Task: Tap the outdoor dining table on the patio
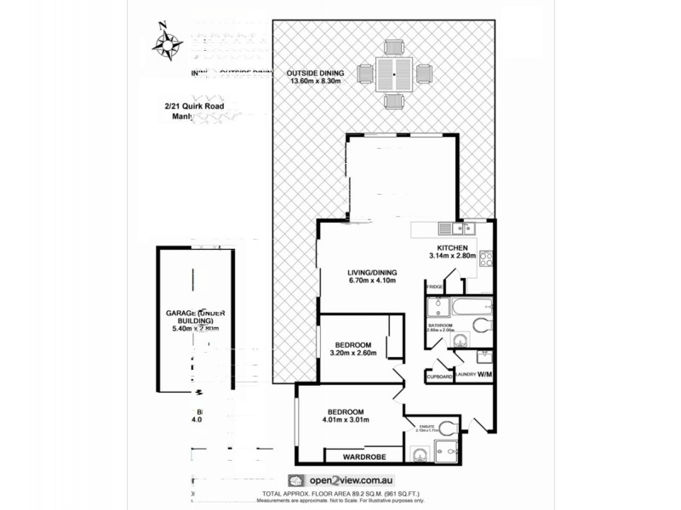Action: (394, 73)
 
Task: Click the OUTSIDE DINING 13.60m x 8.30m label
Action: (315, 76)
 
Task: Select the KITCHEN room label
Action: (450, 247)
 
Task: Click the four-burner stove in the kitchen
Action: (487, 258)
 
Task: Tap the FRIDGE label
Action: (433, 287)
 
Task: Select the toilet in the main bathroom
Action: (481, 324)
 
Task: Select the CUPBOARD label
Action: (439, 376)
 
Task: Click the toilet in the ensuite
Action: (449, 428)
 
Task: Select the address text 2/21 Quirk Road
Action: (194, 106)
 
